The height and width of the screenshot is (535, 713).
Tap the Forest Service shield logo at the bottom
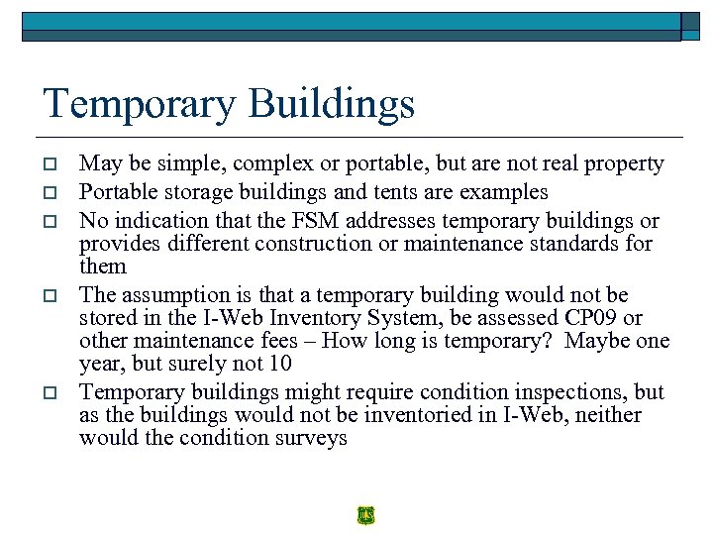[x=366, y=515]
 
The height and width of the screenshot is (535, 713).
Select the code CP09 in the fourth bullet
[x=589, y=317]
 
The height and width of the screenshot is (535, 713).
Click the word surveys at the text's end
[x=309, y=437]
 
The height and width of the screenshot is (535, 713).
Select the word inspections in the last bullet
[x=554, y=392]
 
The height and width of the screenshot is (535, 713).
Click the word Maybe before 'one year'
[x=603, y=341]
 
